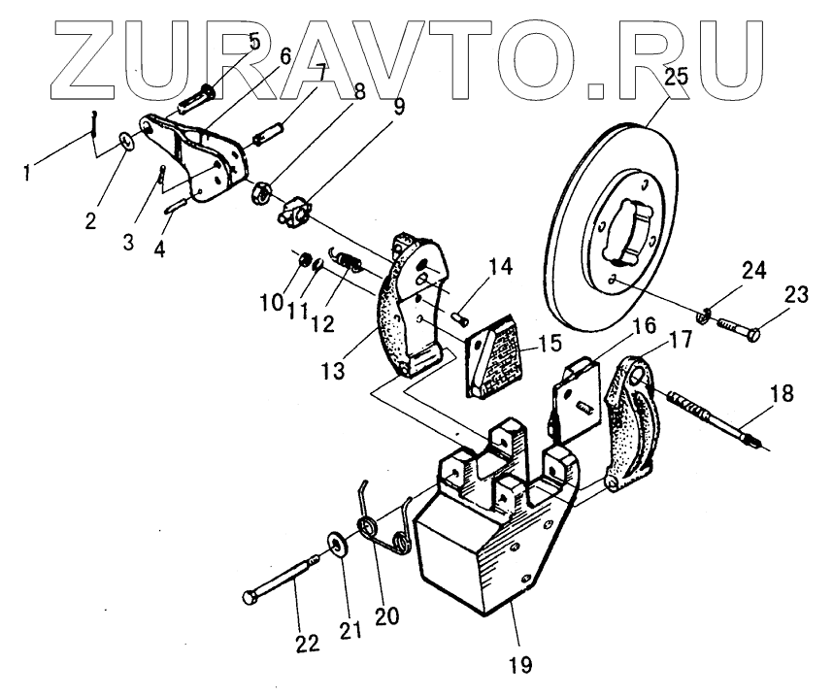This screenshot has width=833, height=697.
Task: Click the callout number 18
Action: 783,394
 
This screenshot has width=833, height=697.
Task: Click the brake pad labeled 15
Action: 495,359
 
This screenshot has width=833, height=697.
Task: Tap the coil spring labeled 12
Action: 349,259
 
